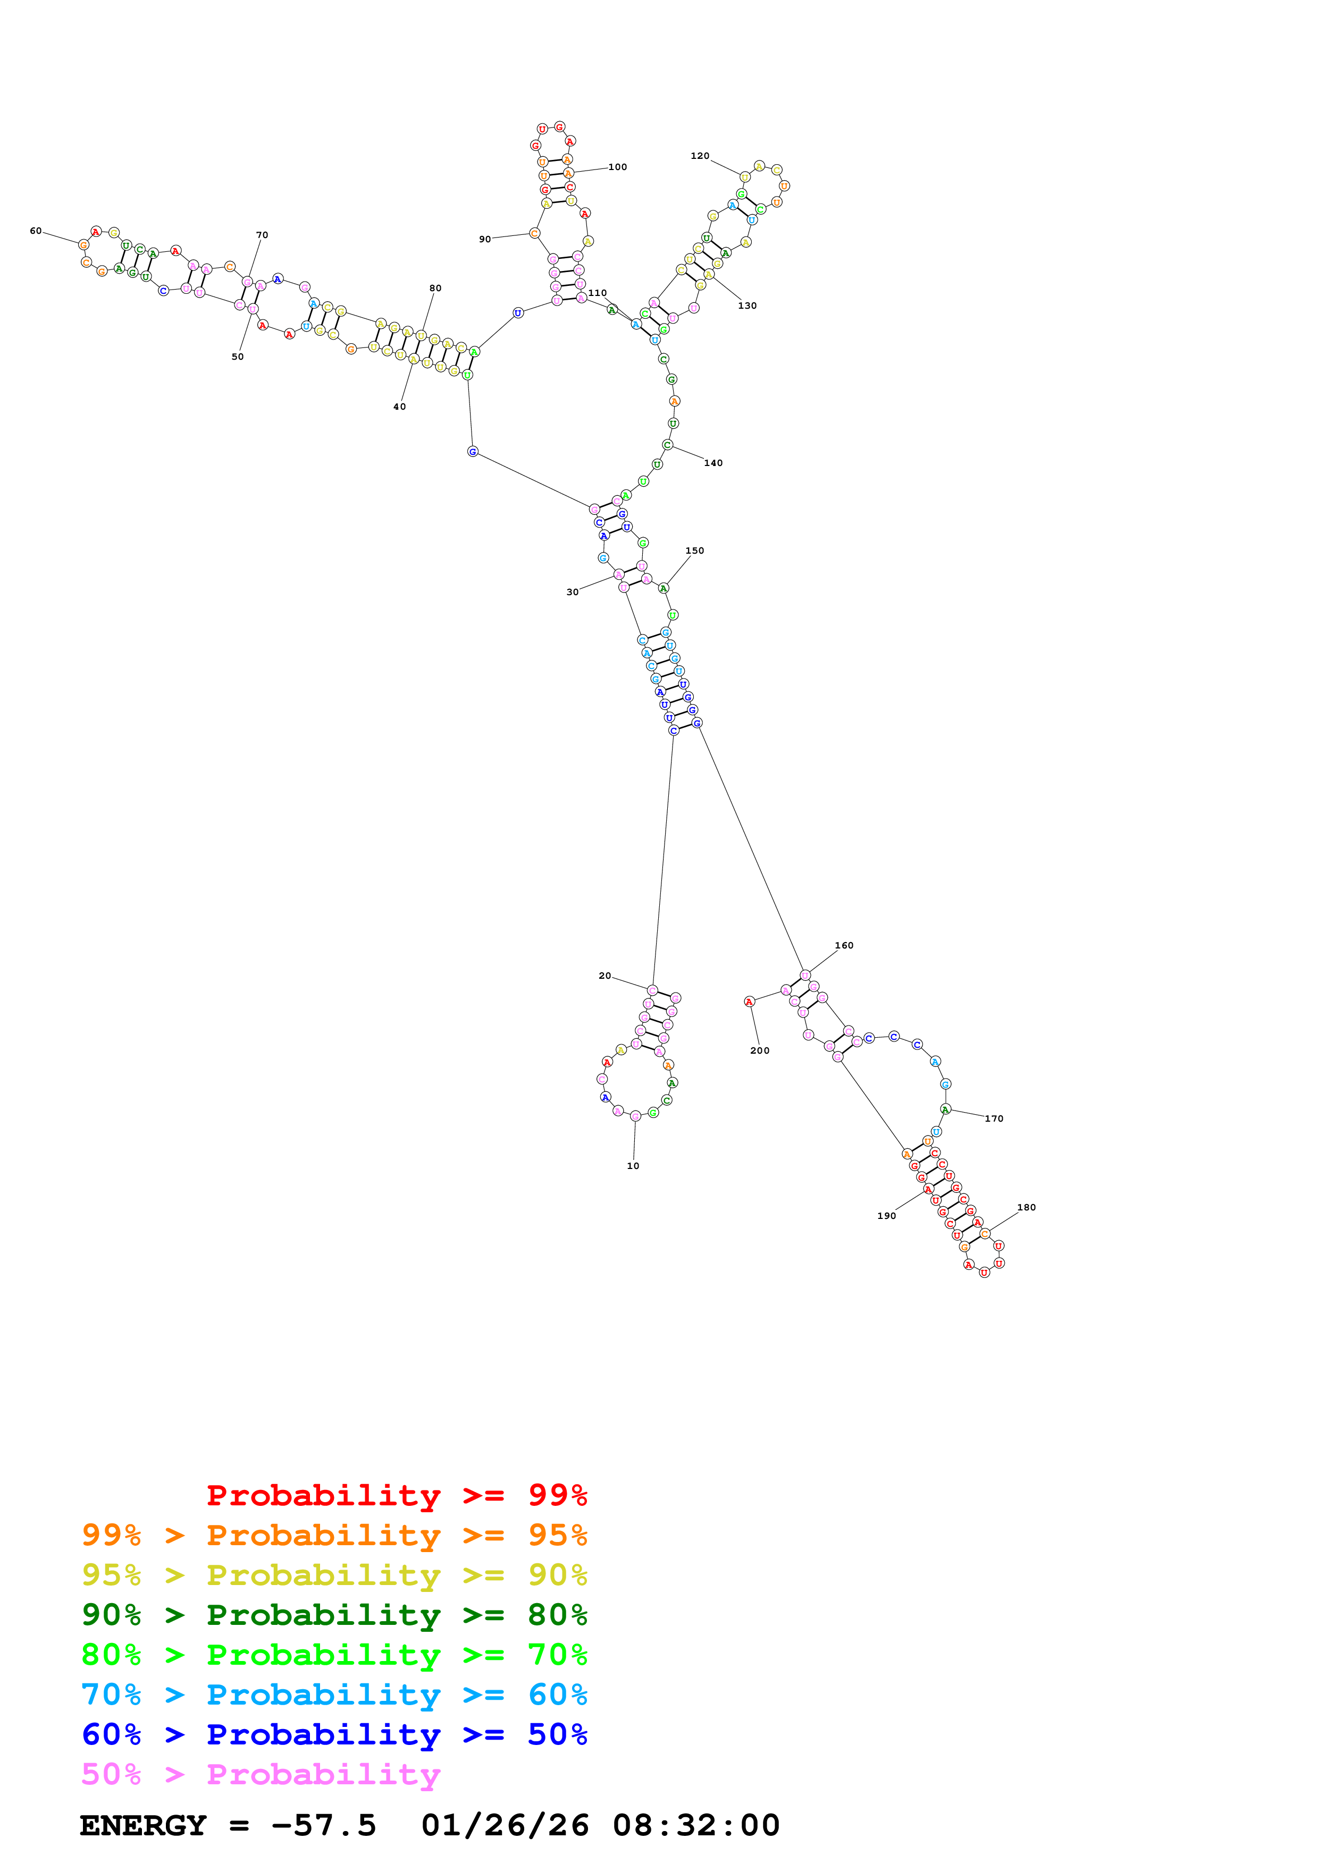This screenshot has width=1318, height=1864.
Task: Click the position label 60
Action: (36, 231)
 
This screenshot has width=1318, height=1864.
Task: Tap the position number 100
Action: (617, 167)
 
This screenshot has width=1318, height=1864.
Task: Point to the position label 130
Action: (747, 306)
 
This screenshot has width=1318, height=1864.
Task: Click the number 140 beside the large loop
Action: (713, 463)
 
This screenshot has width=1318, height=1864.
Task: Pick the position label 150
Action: (694, 550)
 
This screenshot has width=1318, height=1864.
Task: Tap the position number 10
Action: (633, 1166)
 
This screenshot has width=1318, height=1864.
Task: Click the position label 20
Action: (605, 976)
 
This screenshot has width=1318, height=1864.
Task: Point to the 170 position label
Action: (994, 1119)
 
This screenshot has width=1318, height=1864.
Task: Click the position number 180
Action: (1027, 1207)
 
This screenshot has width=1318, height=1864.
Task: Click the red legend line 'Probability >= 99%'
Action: (396, 1495)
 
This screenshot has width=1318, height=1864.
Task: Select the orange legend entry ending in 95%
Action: (334, 1535)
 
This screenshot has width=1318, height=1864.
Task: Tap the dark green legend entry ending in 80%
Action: (334, 1615)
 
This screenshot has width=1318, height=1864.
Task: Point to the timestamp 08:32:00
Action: (696, 1825)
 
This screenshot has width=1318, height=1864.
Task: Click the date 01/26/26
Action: (505, 1825)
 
